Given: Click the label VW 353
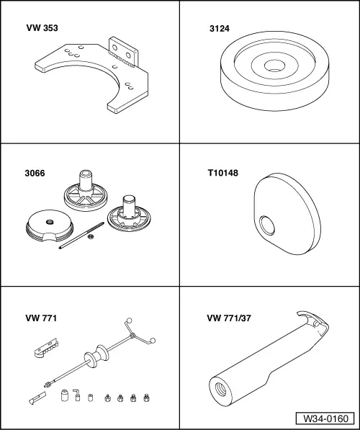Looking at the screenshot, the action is click(42, 28).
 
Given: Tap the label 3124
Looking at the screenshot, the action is click(220, 29).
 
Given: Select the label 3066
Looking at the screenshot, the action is click(35, 174).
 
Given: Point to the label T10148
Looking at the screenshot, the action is click(223, 173).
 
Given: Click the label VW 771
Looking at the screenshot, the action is click(41, 318).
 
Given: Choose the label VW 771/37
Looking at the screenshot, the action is click(229, 318).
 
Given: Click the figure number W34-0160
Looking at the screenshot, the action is click(325, 418).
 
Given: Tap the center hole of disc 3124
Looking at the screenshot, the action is click(274, 66).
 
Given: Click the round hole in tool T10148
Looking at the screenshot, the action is click(267, 225).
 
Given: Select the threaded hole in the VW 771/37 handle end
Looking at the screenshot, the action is click(221, 390).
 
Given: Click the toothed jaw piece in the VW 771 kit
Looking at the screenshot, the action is click(46, 348).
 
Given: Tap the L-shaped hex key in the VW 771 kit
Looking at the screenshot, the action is click(76, 395).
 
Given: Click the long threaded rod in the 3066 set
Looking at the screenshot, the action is click(81, 236).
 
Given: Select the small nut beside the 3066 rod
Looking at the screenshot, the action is click(91, 236).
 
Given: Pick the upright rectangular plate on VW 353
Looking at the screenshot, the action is click(123, 52).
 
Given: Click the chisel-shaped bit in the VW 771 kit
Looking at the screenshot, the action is click(37, 398).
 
